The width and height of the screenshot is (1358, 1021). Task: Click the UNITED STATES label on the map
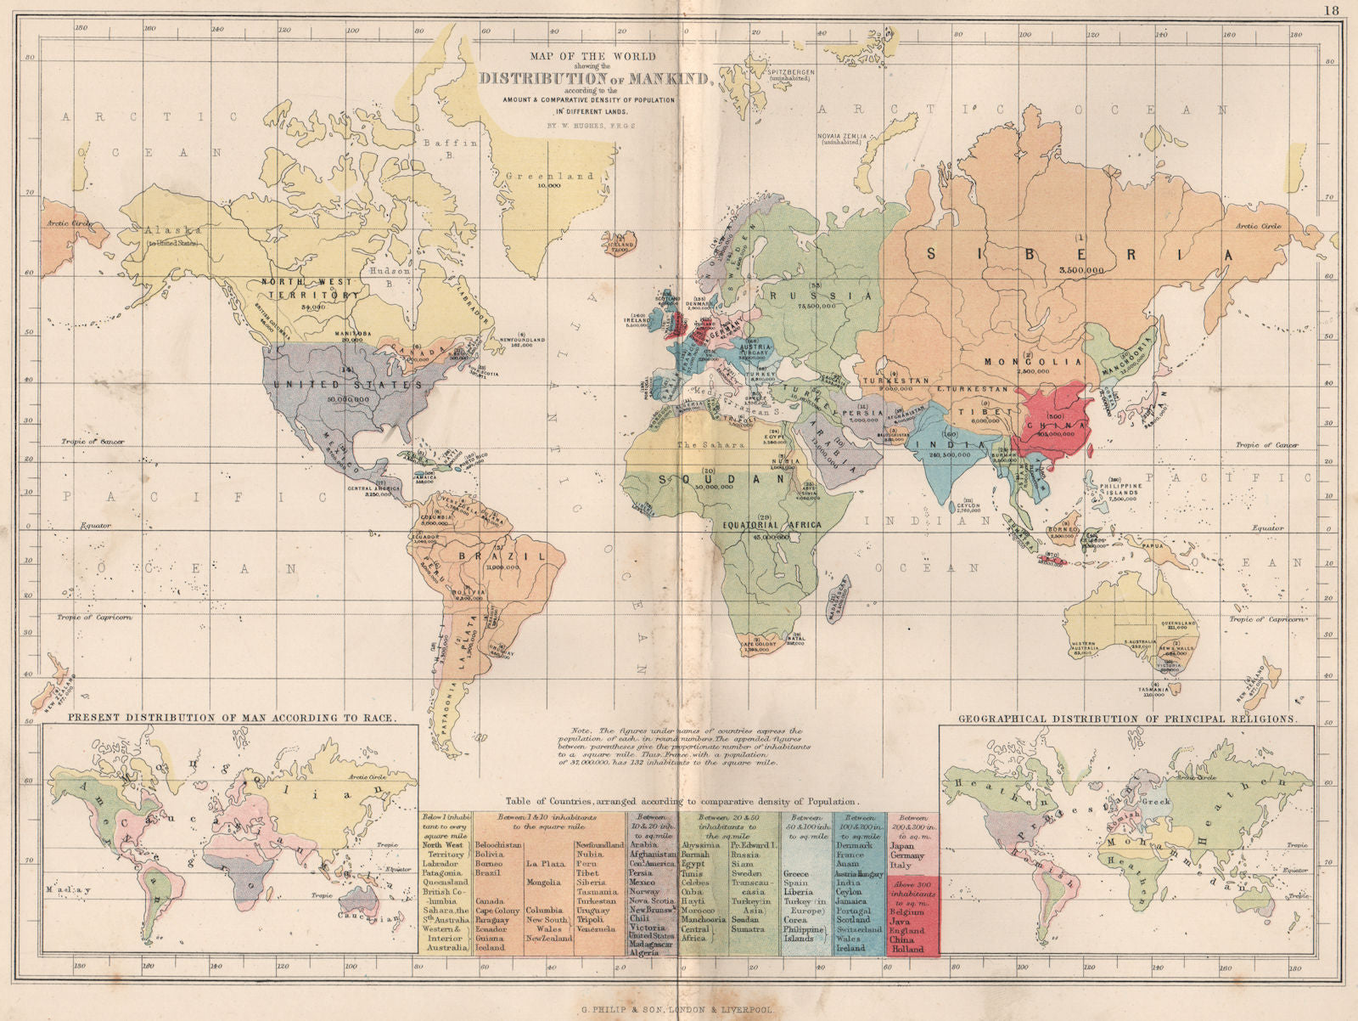347,385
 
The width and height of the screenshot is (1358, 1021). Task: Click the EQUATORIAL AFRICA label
772,525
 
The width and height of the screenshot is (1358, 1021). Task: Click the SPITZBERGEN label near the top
790,72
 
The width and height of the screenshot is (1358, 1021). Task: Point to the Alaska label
173,230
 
